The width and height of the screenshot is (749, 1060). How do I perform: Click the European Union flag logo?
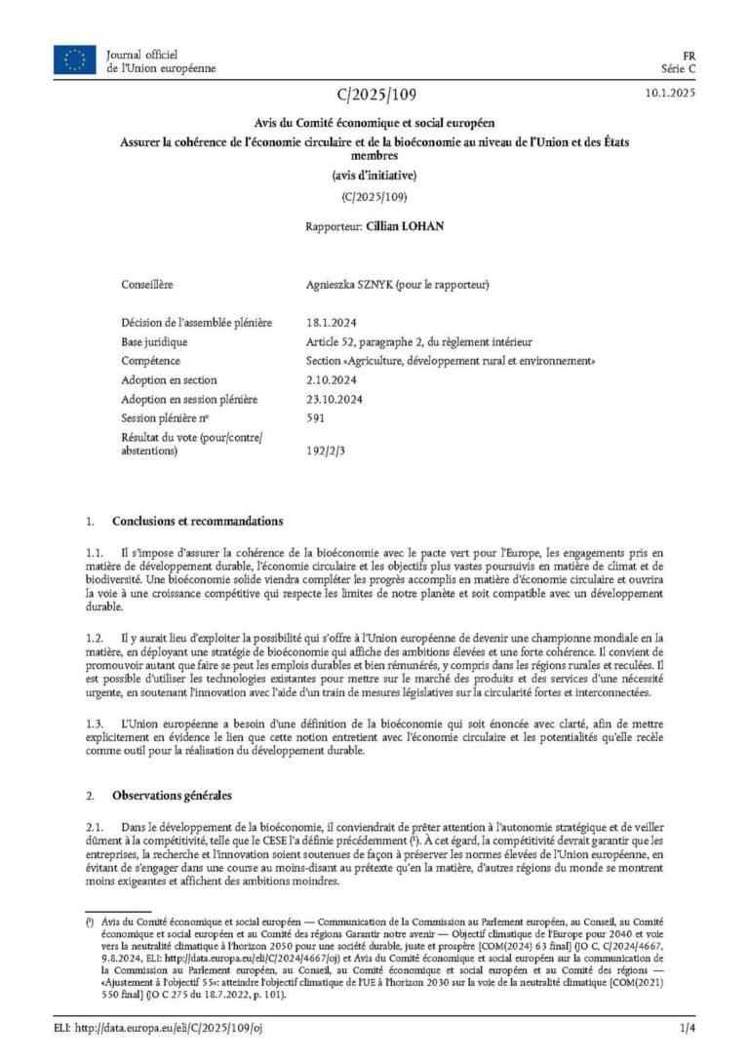(x=74, y=61)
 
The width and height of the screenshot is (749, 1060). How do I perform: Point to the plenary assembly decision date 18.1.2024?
(x=328, y=323)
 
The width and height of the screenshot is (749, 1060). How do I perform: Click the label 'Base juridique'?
(x=154, y=342)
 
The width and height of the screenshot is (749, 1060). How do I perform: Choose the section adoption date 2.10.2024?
(x=331, y=379)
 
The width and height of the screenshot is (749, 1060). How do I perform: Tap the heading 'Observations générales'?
(x=172, y=796)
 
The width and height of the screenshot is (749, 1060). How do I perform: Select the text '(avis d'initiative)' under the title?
(x=374, y=176)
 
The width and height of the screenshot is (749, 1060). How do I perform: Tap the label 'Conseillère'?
(x=147, y=285)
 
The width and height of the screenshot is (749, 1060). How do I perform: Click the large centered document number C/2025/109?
(x=374, y=95)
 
